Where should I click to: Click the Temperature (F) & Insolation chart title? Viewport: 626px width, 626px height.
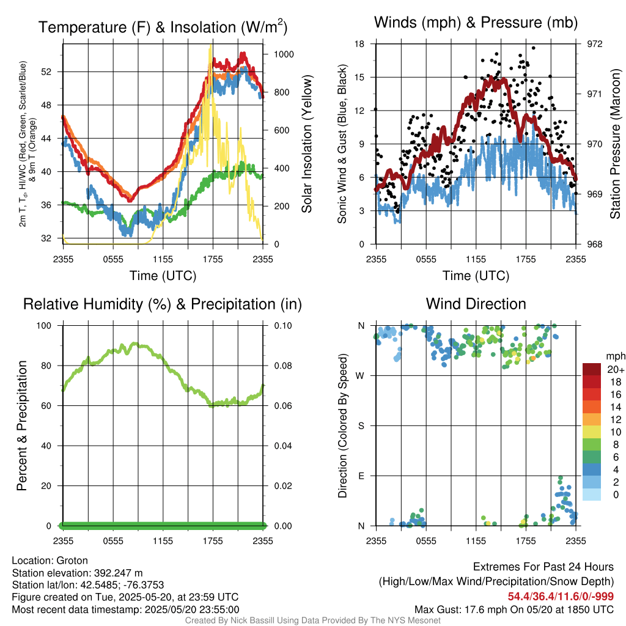tap(163, 27)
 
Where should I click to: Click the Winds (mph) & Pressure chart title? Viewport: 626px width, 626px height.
tap(476, 23)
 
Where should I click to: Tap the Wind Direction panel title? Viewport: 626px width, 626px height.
tap(476, 304)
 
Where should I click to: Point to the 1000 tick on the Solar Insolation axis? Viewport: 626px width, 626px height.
tap(284, 54)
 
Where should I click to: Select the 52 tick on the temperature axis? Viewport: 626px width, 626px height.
tap(46, 72)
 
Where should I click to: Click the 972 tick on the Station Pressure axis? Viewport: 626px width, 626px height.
tap(594, 44)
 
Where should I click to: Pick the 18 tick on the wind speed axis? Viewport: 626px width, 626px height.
tap(359, 44)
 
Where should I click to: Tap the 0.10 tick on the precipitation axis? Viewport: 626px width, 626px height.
tap(283, 326)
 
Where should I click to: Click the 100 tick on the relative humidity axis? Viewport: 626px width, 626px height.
tap(44, 326)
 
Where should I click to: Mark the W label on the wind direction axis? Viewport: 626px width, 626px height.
tap(360, 376)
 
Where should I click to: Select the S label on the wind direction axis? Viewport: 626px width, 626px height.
tap(361, 426)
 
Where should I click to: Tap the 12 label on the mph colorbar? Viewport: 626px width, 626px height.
tap(616, 419)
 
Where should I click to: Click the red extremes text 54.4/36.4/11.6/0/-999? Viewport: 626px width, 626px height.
tap(561, 597)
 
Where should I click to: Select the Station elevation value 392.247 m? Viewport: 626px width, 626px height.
tap(118, 573)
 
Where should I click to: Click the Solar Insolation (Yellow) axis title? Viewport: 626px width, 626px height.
tap(306, 144)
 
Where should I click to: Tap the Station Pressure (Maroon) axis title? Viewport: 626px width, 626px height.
tap(615, 144)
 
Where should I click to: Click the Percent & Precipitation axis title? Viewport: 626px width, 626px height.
tap(22, 425)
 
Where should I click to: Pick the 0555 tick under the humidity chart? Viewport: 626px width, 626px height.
tap(113, 542)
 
